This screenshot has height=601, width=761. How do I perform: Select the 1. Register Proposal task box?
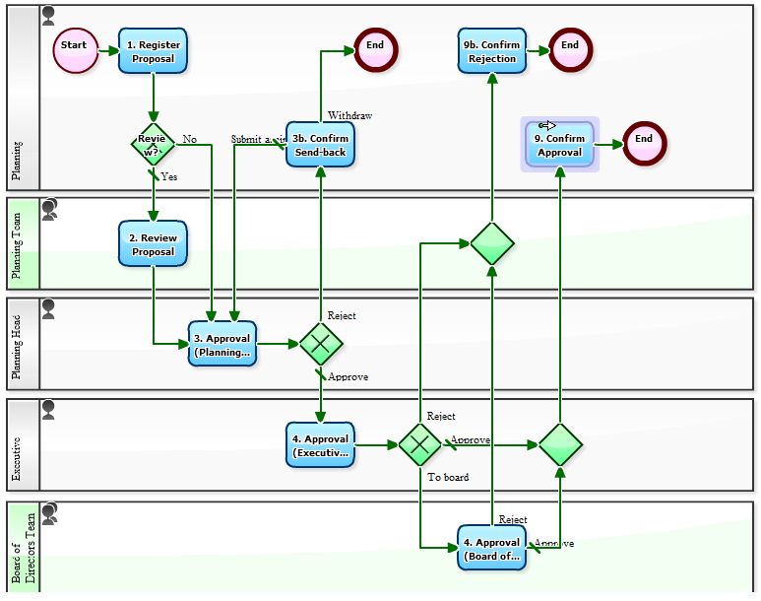click(153, 50)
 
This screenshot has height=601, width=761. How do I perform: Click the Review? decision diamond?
click(153, 145)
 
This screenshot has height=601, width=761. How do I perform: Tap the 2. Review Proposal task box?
click(153, 243)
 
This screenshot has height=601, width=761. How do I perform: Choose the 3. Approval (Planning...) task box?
click(222, 344)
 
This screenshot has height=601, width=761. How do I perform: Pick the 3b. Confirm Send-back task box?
click(320, 145)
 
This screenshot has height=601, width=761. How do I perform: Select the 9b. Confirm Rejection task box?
click(492, 50)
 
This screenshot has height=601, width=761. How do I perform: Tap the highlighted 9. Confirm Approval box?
click(559, 145)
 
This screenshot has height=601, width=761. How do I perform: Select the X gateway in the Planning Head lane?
click(321, 344)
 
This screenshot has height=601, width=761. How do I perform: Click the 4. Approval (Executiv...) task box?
click(320, 445)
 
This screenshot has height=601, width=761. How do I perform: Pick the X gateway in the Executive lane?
click(420, 445)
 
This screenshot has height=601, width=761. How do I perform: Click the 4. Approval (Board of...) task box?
click(491, 548)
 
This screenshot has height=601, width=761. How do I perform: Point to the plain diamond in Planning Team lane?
click(492, 243)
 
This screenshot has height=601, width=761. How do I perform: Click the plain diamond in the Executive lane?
click(560, 445)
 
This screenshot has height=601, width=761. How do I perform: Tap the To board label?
click(448, 478)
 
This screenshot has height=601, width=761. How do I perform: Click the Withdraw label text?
click(349, 115)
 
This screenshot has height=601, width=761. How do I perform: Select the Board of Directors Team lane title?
click(24, 548)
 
